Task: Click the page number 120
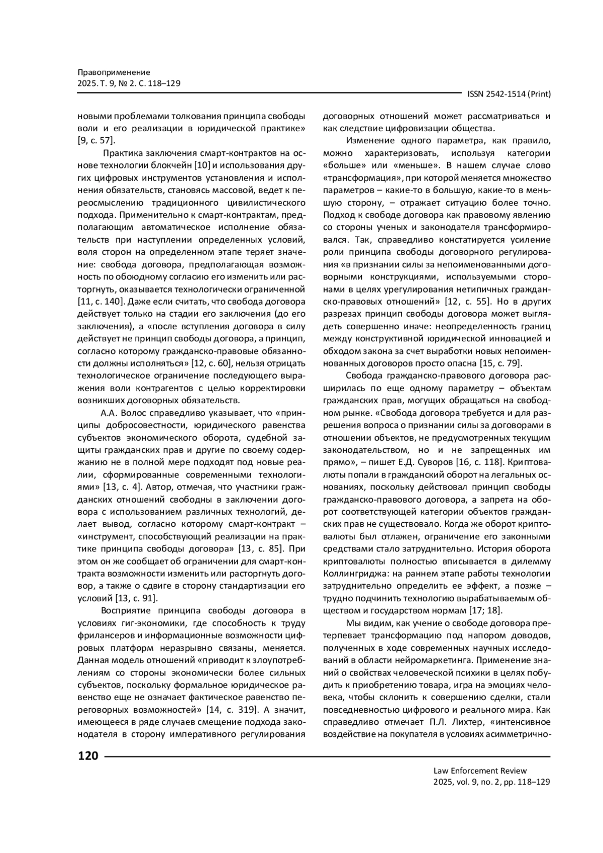[x=88, y=755]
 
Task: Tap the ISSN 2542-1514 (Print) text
[x=509, y=94]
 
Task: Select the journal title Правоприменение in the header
[x=114, y=72]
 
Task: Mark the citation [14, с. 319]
[x=232, y=710]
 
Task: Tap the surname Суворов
[x=433, y=461]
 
